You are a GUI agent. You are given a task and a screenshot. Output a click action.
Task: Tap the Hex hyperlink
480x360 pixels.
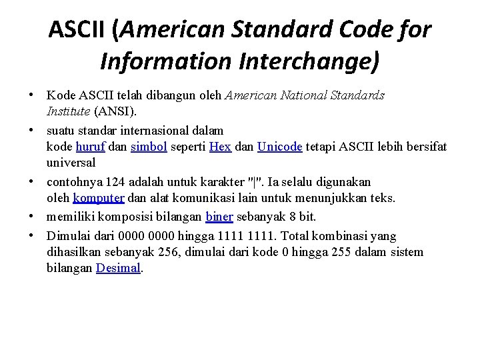(220, 147)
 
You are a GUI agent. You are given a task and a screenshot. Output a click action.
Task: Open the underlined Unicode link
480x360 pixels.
(279, 147)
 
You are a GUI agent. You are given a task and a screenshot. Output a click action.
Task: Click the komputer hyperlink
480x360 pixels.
(99, 198)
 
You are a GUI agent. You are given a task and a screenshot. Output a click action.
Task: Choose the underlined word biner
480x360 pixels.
(219, 216)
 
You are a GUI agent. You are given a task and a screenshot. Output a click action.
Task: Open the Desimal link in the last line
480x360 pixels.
(119, 268)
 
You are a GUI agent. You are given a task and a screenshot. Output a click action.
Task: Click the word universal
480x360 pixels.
(71, 162)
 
